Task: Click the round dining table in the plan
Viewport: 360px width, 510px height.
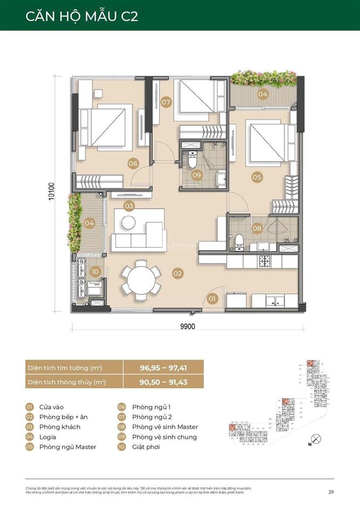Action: tap(141, 278)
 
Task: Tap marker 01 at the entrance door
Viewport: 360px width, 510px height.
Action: tap(213, 299)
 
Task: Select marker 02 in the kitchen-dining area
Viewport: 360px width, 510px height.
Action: tap(178, 273)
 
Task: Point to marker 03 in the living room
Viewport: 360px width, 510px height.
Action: tap(129, 206)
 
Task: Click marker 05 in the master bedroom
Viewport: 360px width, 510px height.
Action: tap(257, 177)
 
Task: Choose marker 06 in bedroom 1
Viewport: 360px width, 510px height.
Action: tap(133, 164)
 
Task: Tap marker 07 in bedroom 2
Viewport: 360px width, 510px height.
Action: tap(166, 101)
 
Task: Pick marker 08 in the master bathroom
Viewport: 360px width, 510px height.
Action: tap(257, 228)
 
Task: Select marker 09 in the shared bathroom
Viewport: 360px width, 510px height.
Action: tap(197, 175)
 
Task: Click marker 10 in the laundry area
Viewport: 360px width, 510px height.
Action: tap(95, 271)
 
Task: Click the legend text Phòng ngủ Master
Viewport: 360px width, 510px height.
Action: tap(68, 447)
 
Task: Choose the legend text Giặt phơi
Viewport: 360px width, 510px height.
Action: tap(146, 447)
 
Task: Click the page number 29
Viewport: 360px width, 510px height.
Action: tap(331, 492)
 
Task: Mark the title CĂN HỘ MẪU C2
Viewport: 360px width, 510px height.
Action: tap(82, 16)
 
